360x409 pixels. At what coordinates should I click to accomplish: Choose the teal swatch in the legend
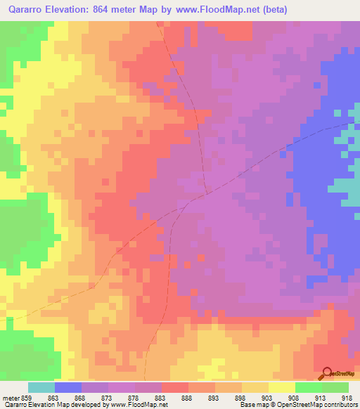point(41,387)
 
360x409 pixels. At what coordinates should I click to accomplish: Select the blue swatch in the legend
point(67,387)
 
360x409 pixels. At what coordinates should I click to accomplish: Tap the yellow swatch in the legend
point(281,387)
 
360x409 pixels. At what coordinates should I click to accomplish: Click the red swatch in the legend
point(174,387)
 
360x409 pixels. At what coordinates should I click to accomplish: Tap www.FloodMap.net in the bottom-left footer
point(138,405)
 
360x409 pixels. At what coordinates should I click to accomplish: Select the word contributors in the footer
point(341,405)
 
